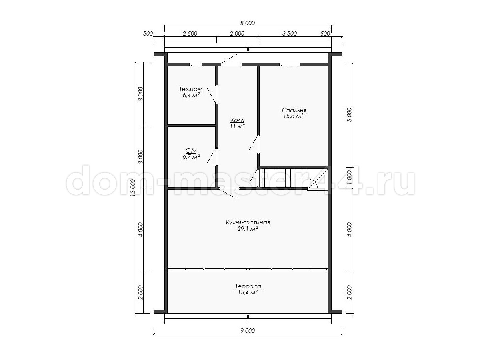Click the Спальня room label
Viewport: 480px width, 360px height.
point(294,110)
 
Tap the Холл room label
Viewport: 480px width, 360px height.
point(237,120)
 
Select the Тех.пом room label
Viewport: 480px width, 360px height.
point(191,89)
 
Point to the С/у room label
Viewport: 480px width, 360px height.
point(191,151)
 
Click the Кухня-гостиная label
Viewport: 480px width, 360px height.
point(248,222)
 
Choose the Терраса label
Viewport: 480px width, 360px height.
point(248,286)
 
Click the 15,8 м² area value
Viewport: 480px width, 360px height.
point(294,116)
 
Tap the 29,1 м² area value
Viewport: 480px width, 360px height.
point(248,229)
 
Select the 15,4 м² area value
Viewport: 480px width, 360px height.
point(248,292)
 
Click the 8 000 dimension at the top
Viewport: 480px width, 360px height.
point(248,23)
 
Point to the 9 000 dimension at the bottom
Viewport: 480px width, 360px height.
point(248,331)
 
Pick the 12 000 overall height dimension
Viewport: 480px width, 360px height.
point(133,188)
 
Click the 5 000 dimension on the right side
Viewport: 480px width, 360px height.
point(350,115)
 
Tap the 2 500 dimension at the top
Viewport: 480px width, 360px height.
point(190,34)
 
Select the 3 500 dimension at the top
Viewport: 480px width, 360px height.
point(290,34)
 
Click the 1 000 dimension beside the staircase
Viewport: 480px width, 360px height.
point(350,178)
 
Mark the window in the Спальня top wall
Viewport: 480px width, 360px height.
point(290,64)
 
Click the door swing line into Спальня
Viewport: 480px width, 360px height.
point(254,143)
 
